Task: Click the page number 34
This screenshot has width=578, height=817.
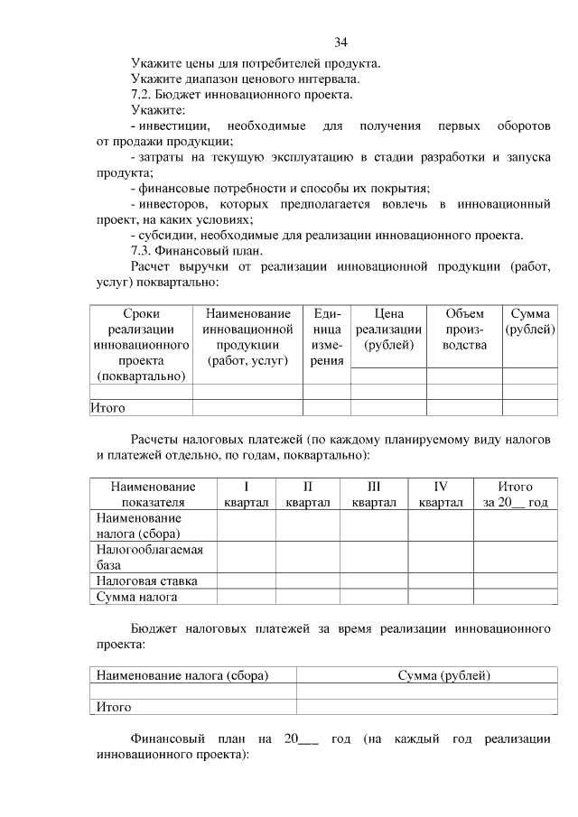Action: (340, 42)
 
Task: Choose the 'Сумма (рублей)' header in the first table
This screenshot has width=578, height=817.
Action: (530, 321)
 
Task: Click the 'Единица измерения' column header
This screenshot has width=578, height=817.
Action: (326, 337)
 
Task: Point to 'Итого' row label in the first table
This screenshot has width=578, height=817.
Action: (107, 407)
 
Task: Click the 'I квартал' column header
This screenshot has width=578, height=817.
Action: (246, 495)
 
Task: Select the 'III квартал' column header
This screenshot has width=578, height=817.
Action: (374, 495)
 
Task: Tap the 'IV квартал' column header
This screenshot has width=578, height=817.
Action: (441, 495)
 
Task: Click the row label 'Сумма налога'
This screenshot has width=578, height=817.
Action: (137, 597)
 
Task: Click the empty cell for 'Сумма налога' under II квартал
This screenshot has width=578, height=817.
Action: (307, 597)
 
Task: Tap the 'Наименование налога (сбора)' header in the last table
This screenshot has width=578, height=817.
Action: (183, 674)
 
